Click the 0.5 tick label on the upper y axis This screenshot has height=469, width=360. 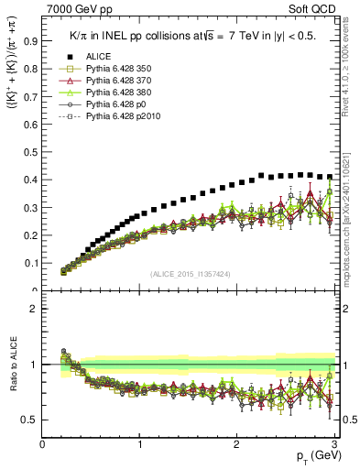(31, 152)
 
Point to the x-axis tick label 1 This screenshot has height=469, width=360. (140, 445)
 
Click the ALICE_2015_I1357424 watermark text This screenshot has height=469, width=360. (191, 274)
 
